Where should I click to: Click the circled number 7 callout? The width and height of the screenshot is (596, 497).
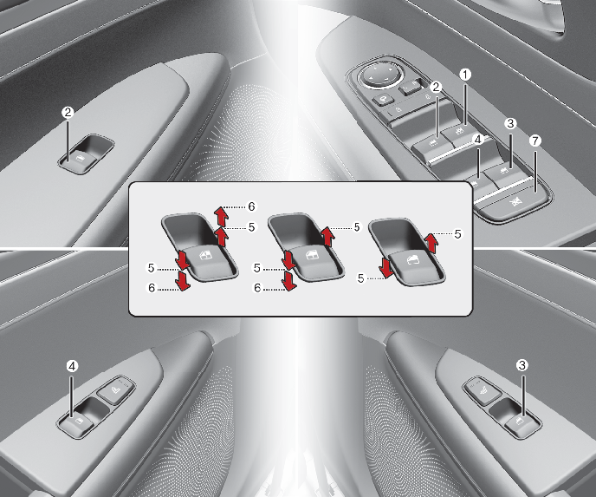(534, 141)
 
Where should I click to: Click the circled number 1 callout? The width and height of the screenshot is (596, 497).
(465, 75)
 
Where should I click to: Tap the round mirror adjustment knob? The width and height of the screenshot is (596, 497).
(381, 75)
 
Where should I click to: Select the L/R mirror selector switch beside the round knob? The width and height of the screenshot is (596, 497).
(411, 87)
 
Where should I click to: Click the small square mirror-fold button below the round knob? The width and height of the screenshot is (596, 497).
(382, 100)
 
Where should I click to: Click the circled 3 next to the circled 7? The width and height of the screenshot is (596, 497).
(510, 123)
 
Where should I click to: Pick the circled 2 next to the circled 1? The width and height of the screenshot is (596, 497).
(436, 87)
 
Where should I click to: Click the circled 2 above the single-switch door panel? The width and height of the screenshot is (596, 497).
(68, 112)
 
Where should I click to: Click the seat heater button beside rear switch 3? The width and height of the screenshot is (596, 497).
(482, 390)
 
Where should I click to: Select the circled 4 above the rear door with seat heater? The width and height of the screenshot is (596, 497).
(72, 366)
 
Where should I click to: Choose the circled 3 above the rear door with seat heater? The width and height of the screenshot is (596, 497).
(522, 365)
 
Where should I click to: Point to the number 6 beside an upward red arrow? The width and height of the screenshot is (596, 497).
(251, 206)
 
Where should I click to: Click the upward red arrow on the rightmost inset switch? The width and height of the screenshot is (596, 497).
(431, 243)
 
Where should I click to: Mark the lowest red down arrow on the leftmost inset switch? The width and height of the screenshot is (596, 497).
(183, 280)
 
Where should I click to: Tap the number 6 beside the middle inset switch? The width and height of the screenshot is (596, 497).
(257, 288)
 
